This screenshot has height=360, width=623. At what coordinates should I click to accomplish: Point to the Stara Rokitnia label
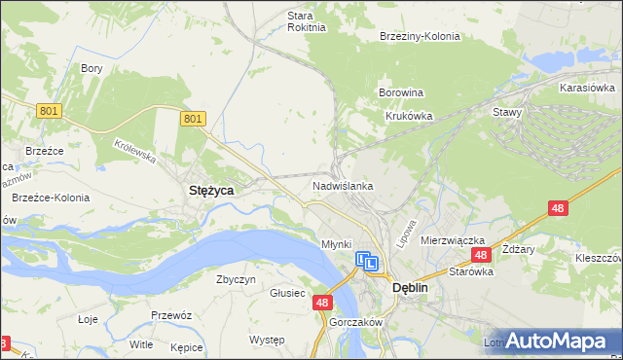coord(300,21)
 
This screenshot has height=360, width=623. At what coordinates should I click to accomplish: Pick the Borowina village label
coord(400,93)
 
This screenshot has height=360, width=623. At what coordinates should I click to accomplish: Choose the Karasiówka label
coord(586,88)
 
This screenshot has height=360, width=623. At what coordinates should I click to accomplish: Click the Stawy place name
coord(507,112)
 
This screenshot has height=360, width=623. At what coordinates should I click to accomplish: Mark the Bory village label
coord(92,68)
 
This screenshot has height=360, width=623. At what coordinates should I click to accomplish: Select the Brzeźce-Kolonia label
coord(51,198)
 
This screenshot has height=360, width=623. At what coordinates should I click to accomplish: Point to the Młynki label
coord(336,243)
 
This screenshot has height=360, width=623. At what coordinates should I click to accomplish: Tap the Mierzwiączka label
coord(453,239)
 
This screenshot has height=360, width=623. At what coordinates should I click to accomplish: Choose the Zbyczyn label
coord(236,279)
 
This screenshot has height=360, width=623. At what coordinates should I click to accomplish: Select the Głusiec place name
coord(288,292)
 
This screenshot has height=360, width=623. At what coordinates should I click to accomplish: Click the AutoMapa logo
coord(556,341)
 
